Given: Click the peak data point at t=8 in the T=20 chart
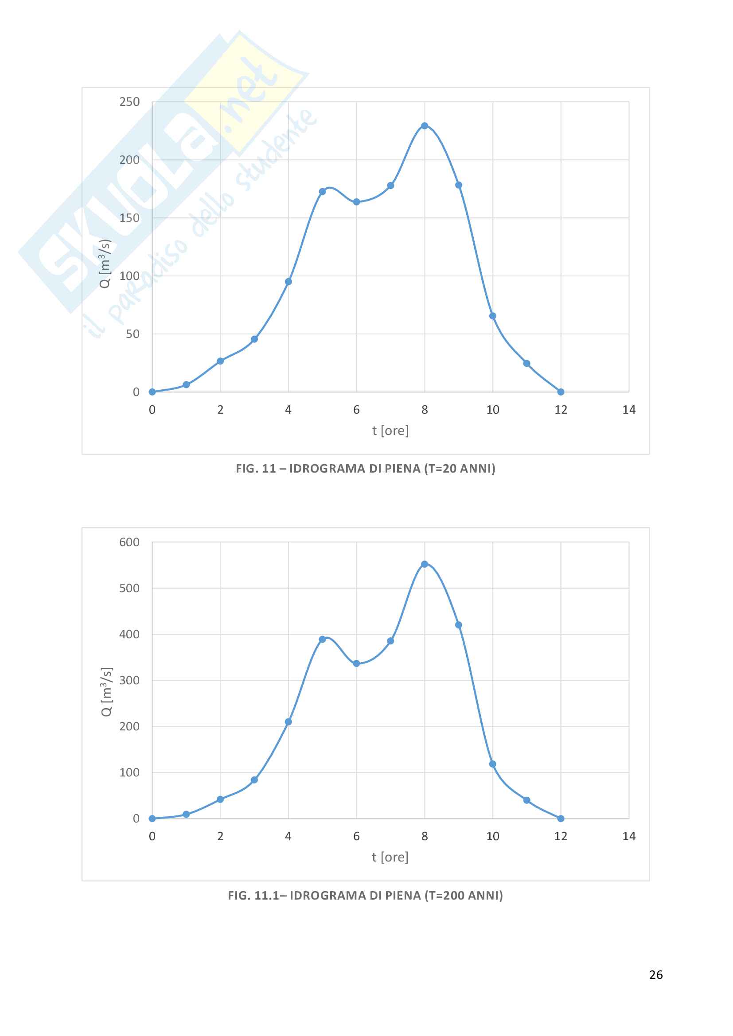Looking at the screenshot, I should click(x=424, y=126).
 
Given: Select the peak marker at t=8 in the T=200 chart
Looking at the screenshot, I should click(x=424, y=564).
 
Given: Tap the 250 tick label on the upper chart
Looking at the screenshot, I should click(x=129, y=102).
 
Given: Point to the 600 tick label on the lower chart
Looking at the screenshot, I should click(x=129, y=542).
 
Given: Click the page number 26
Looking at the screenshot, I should click(x=656, y=974).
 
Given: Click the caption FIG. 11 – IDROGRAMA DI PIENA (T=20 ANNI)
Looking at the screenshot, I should click(x=366, y=468).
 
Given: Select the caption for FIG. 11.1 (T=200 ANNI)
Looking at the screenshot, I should click(x=366, y=895).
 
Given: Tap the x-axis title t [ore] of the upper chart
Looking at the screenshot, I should click(x=390, y=431).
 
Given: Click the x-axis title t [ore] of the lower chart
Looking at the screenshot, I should click(x=390, y=857).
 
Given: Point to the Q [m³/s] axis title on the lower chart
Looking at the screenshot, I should click(x=106, y=691).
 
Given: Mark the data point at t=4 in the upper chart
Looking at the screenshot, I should click(x=289, y=282).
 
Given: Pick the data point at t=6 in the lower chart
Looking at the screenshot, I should click(x=357, y=664).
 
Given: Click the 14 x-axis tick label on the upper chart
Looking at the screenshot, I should click(x=629, y=410).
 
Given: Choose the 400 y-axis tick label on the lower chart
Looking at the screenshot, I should click(x=129, y=634).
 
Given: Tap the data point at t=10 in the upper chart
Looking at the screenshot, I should click(x=492, y=316).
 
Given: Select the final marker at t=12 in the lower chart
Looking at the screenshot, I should click(x=561, y=819).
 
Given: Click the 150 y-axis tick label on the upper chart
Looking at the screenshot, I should click(x=129, y=218).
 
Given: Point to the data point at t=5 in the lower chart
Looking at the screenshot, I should click(x=322, y=640).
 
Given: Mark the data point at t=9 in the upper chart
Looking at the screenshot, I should click(x=459, y=185).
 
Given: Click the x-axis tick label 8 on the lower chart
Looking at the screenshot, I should click(x=424, y=836).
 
